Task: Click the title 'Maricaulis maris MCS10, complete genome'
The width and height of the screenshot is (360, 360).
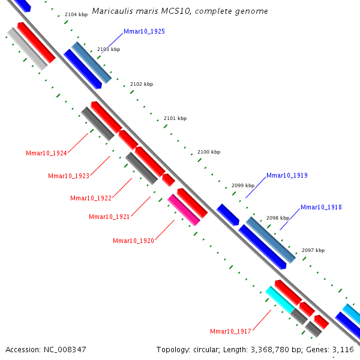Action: coord(180,11)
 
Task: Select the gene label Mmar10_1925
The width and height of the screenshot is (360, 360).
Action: coord(144,31)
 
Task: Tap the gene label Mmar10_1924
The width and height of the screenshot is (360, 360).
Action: coord(46,153)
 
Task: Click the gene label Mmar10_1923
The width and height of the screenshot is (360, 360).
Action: coord(68,176)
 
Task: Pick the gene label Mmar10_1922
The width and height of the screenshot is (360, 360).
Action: coord(91,198)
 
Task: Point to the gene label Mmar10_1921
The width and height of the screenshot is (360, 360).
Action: coord(109,217)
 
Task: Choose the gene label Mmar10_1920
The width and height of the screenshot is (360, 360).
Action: coord(133,241)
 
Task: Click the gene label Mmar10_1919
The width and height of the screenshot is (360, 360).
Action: coord(287,176)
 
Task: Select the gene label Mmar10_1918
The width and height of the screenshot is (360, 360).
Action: coord(321,207)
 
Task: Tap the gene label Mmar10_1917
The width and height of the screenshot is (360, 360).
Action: coord(230,331)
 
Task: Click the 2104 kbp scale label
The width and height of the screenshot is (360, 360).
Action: coord(76,14)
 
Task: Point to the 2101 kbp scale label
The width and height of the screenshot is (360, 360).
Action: coord(175,118)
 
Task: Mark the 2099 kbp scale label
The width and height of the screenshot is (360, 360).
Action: coord(243,186)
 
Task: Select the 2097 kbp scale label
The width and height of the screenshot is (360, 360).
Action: coord(313,250)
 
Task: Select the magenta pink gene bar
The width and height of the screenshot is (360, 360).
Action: coord(184,209)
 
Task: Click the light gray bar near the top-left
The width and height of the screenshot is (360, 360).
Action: coord(27,48)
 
